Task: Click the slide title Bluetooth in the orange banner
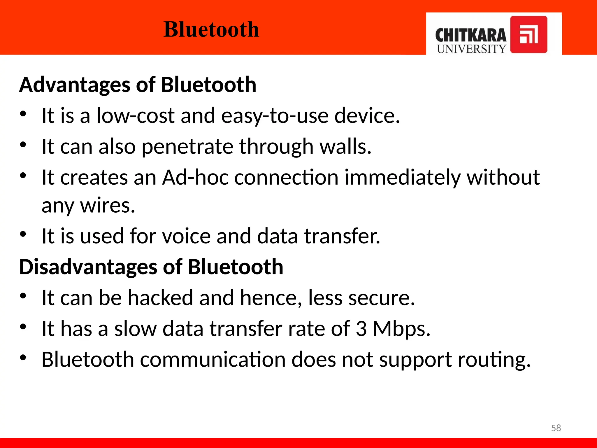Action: point(211,29)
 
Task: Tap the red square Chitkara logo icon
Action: point(528,34)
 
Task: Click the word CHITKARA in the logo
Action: point(470,36)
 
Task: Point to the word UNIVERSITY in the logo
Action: point(471,49)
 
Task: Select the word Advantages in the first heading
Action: point(75,85)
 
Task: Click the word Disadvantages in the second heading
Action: point(88,267)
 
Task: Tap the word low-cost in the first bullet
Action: point(135,116)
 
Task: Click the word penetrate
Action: point(187,147)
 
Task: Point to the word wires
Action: point(107,206)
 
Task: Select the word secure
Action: point(381,298)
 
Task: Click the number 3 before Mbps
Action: point(361,329)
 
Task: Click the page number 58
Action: point(556,428)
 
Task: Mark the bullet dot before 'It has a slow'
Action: point(23,326)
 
